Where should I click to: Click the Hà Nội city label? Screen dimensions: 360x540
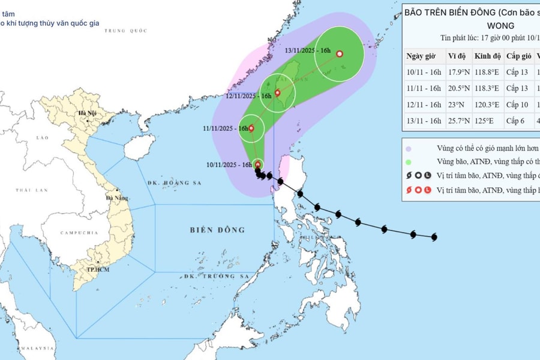pyautogui.click(x=87, y=113)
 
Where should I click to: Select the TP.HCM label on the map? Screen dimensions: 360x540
pyautogui.click(x=94, y=270)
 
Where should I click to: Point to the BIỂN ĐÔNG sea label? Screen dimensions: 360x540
pyautogui.click(x=218, y=230)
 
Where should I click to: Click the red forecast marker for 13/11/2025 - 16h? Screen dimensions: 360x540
pyautogui.click(x=340, y=54)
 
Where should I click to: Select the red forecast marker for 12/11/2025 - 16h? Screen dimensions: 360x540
pyautogui.click(x=277, y=93)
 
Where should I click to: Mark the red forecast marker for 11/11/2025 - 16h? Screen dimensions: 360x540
pyautogui.click(x=252, y=128)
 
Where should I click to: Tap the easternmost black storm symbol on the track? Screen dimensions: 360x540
pyautogui.click(x=433, y=236)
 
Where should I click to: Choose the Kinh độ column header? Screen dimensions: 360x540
pyautogui.click(x=487, y=56)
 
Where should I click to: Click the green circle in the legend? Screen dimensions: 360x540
pyautogui.click(x=409, y=162)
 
